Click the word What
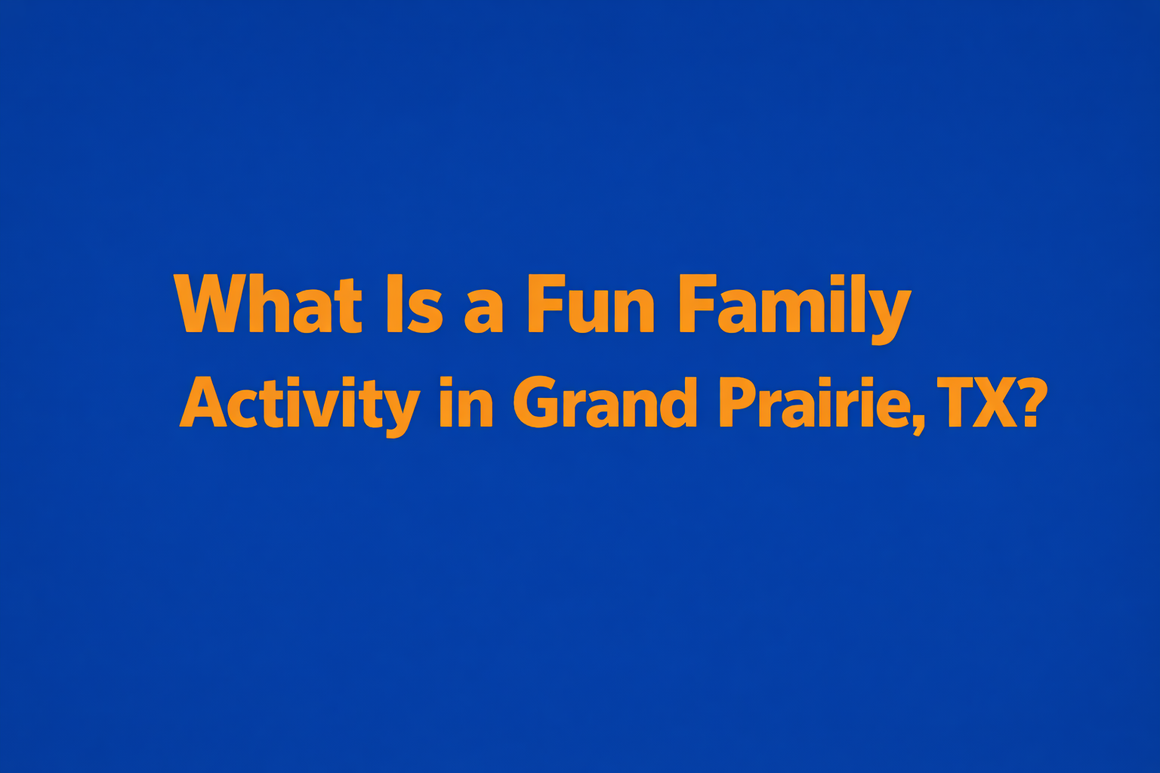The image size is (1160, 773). pyautogui.click(x=268, y=303)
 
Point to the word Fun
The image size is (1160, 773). pyautogui.click(x=590, y=303)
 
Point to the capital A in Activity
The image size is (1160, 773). pyautogui.click(x=202, y=402)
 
